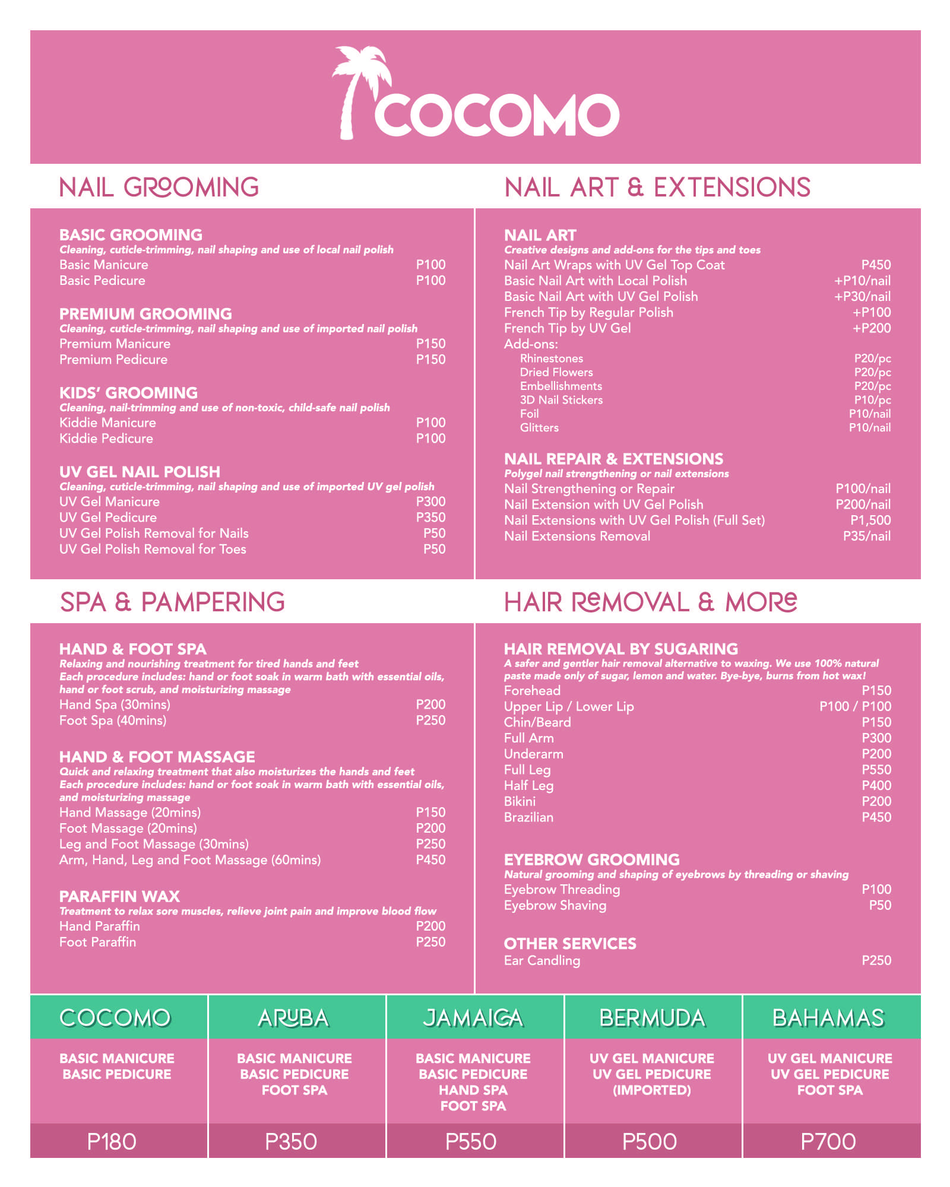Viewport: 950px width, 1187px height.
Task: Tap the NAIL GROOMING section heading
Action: (159, 188)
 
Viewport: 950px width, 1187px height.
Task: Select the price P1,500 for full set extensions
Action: (870, 520)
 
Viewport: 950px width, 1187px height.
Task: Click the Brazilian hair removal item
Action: (528, 817)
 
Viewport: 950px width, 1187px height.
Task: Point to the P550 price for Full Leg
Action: (876, 770)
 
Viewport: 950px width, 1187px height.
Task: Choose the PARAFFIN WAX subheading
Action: (119, 896)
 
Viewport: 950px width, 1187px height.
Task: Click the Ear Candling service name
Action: (541, 960)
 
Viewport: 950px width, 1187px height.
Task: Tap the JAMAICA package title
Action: (473, 1018)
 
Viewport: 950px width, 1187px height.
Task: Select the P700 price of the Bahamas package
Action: (828, 1141)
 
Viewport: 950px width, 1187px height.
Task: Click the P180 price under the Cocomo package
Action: (112, 1141)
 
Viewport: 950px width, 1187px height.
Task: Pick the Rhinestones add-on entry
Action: (551, 358)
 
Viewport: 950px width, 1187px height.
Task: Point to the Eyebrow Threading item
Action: (562, 889)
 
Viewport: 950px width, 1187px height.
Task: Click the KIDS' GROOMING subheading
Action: (128, 393)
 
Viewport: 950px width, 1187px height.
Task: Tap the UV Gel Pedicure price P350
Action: (430, 518)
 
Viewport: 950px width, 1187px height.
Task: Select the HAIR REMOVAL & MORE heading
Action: (650, 602)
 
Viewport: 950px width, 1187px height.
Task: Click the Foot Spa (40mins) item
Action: (113, 721)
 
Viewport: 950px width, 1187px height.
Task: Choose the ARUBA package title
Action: (293, 1018)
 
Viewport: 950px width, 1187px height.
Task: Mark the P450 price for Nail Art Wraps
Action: (876, 265)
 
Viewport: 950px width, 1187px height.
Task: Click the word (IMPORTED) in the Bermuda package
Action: (651, 1090)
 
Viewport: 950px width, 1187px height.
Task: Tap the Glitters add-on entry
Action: (539, 427)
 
